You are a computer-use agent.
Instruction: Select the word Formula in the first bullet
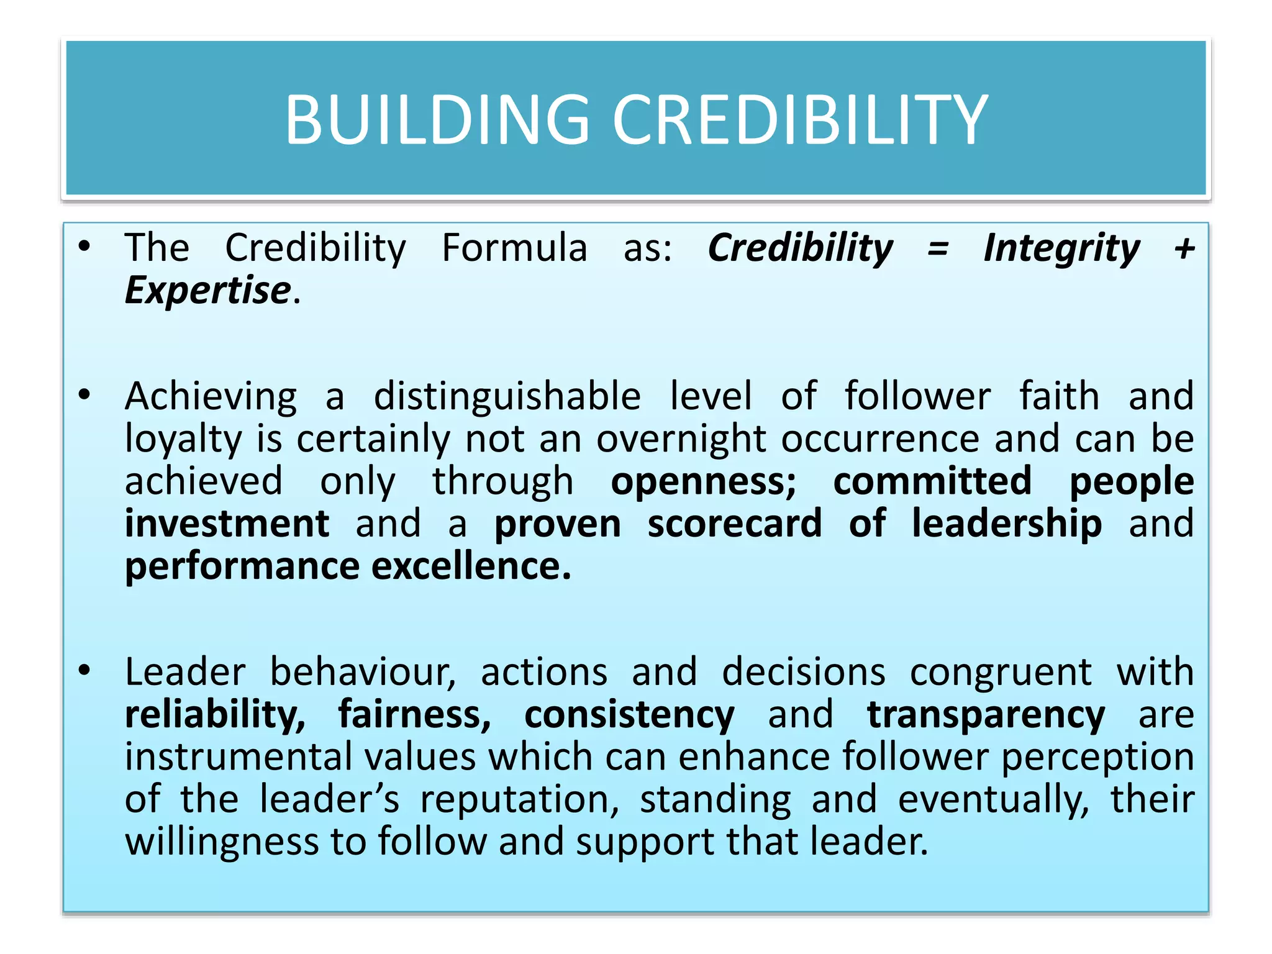514,247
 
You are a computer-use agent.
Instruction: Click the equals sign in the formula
938,248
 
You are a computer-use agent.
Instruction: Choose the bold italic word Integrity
1062,248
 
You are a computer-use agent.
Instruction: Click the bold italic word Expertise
208,291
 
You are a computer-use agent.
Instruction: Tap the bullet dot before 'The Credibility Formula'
84,246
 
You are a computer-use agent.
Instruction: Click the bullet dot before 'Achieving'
84,394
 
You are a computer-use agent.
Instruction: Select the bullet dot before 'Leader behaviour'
84,670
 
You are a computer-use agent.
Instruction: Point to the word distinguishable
507,396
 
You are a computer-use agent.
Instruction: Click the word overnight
681,439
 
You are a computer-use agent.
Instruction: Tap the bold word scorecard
735,524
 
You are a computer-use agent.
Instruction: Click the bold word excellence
471,566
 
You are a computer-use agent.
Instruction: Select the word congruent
1001,673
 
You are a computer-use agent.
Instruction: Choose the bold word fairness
414,715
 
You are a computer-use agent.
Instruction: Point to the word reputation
519,799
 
